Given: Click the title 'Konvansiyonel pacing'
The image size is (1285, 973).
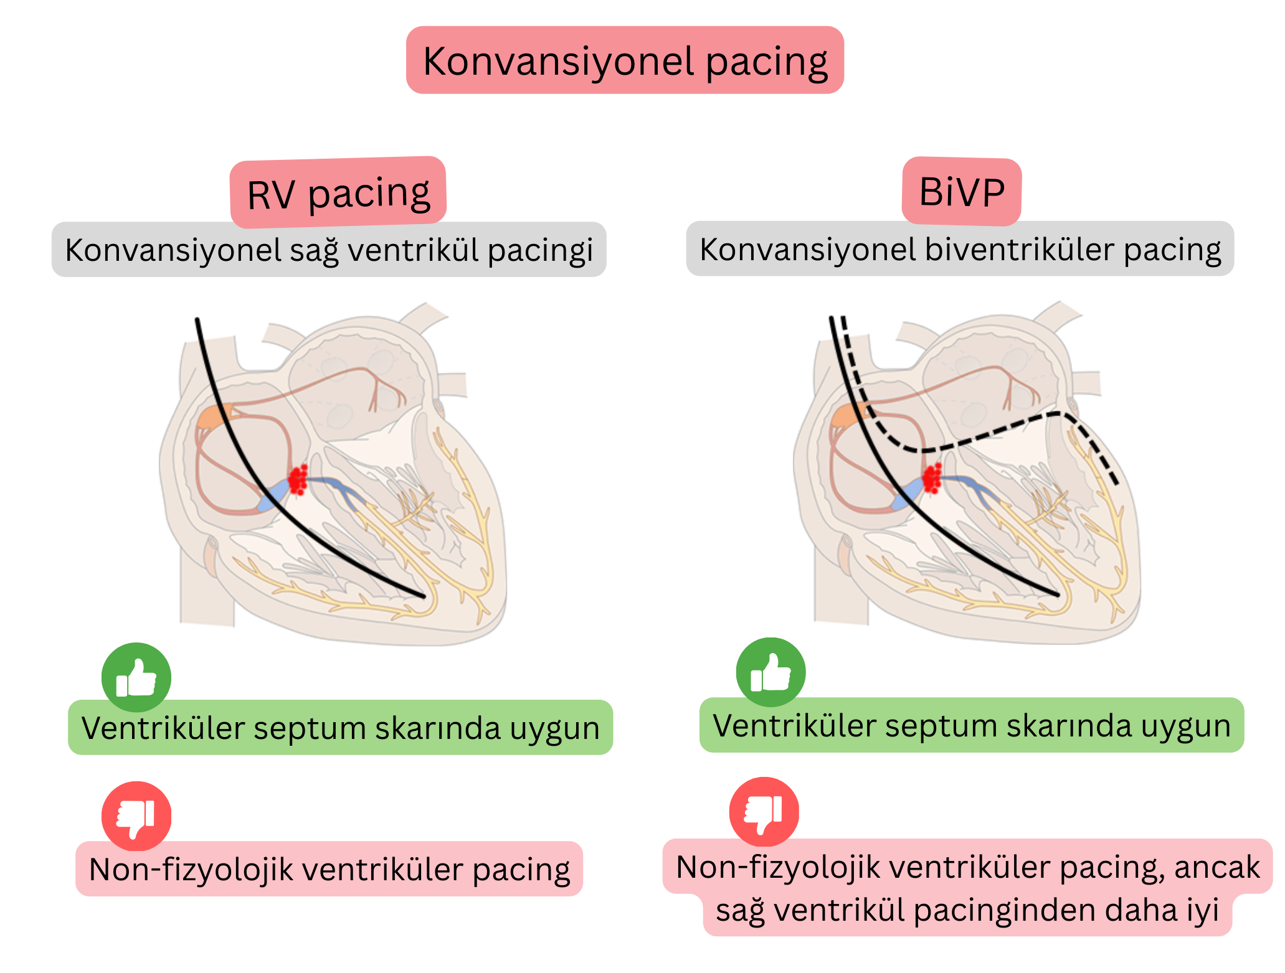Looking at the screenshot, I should pyautogui.click(x=625, y=61).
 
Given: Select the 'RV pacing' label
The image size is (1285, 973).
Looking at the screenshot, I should pyautogui.click(x=338, y=193).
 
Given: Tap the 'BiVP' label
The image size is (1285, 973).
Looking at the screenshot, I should pyautogui.click(x=961, y=192).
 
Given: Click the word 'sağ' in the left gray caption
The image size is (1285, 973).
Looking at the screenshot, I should pyautogui.click(x=315, y=250).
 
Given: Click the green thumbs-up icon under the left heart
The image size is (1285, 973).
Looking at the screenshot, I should pyautogui.click(x=136, y=677).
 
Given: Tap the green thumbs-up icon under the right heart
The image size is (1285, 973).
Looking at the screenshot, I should pyautogui.click(x=771, y=672).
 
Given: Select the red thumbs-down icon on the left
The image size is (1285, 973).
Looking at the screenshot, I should pyautogui.click(x=136, y=816).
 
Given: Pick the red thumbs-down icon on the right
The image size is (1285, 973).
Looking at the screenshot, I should pyautogui.click(x=764, y=812).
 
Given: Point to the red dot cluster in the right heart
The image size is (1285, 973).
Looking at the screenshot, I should pyautogui.click(x=932, y=478).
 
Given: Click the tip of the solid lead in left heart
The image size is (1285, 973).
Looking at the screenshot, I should pyautogui.click(x=424, y=596).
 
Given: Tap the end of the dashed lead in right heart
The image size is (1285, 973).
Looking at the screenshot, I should pyautogui.click(x=1117, y=483).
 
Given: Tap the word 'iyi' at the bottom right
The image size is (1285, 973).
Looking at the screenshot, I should pyautogui.click(x=1203, y=911).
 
